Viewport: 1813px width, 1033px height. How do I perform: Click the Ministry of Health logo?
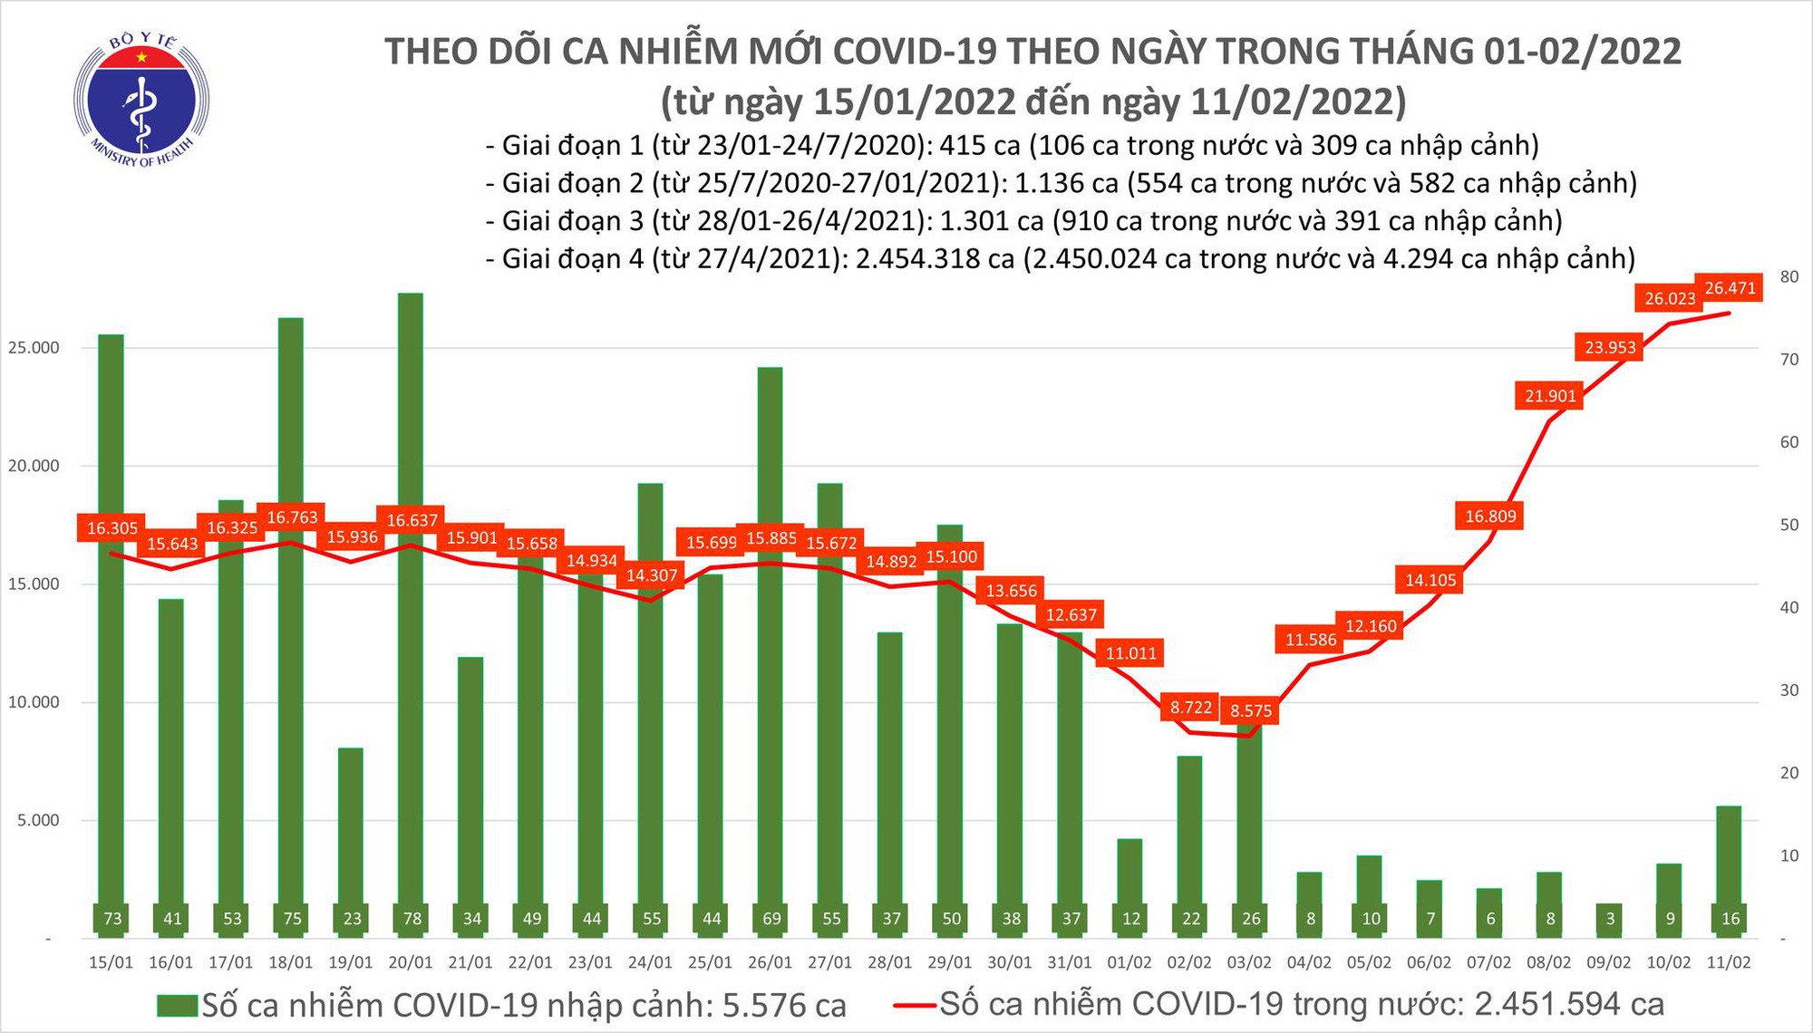point(141,100)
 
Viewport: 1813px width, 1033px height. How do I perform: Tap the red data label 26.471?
point(1730,288)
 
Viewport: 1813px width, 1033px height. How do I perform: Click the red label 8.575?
point(1251,711)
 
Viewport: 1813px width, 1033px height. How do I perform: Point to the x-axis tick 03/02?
point(1249,962)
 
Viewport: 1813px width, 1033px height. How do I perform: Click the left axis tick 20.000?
point(34,466)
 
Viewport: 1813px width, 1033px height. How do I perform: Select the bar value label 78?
point(412,918)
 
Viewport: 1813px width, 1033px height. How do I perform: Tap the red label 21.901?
point(1551,396)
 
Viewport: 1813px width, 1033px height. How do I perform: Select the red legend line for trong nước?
point(914,1005)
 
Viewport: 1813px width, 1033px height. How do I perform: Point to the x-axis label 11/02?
point(1729,962)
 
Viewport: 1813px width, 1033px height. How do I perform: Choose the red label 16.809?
point(1490,516)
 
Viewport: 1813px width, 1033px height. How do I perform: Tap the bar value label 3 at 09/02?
point(1610,918)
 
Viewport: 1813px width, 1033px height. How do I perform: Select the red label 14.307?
point(652,575)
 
